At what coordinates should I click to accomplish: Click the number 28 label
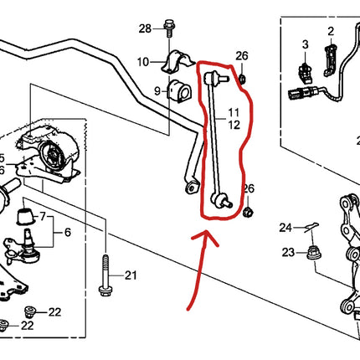click(145, 28)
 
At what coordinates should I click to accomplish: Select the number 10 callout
click(143, 61)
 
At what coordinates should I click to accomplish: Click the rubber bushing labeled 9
click(177, 90)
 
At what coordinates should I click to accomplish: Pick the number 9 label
click(157, 90)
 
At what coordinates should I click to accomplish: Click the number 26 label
click(242, 56)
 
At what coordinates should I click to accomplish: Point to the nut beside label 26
click(243, 80)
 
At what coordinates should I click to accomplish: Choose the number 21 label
click(130, 275)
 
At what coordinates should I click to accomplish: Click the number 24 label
click(285, 227)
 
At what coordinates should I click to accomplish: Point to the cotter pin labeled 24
click(308, 226)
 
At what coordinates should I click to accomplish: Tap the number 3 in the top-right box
click(305, 43)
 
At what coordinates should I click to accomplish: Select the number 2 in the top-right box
click(330, 32)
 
